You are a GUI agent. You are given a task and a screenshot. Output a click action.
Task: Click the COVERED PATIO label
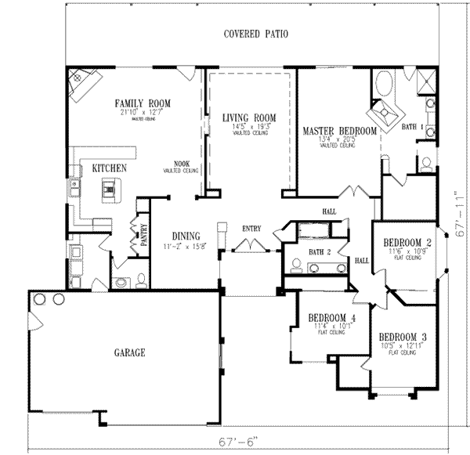[255, 34]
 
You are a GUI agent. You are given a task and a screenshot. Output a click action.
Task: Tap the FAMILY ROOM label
[143, 103]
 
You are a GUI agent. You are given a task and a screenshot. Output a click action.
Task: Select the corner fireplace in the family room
[84, 83]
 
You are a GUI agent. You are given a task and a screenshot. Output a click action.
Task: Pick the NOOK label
[182, 164]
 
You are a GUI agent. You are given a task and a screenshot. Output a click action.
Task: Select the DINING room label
[182, 235]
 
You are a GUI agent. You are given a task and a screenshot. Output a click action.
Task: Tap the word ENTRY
[251, 228]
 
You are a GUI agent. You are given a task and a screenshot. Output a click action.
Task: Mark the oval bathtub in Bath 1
[386, 84]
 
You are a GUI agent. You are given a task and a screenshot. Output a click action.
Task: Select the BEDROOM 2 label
[408, 243]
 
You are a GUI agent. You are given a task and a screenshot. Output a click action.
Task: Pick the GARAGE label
[130, 353]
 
